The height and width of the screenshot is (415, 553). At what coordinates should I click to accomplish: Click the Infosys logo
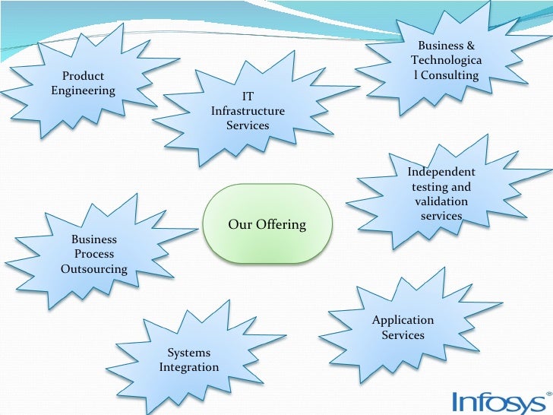pos(497,401)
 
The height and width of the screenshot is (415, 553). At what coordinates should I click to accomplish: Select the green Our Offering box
pos(267,224)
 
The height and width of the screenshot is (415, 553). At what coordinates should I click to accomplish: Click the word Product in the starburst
pos(84,76)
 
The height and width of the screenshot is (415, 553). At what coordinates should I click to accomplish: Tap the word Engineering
pos(84,90)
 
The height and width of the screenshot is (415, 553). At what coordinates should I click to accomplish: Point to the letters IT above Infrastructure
pos(248,97)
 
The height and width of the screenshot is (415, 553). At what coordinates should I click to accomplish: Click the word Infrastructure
pos(248,111)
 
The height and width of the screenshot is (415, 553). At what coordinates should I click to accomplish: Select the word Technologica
pos(446,60)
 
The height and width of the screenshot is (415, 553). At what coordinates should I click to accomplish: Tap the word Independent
pos(441,172)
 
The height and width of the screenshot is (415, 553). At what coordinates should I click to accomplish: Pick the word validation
pos(441,201)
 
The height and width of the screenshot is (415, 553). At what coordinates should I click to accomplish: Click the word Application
pos(403,320)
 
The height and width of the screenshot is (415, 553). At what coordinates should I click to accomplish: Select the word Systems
pos(189,353)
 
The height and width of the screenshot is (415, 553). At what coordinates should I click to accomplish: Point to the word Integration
pos(189,367)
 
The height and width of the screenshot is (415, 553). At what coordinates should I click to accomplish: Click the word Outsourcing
pos(94,268)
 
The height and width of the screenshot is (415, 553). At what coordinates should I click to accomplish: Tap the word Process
pos(94,254)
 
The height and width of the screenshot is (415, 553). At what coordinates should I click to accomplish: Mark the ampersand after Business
pos(471,46)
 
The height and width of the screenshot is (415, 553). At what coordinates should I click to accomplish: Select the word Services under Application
pos(403,334)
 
